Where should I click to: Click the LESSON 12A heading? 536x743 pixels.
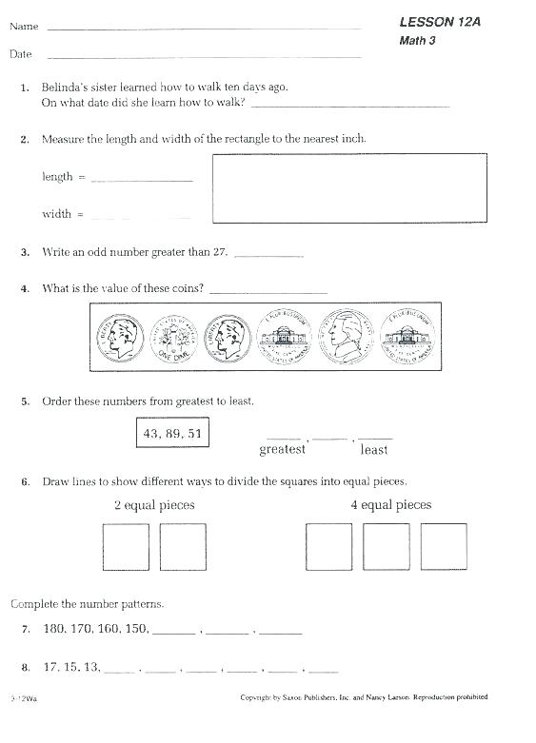[x=440, y=21]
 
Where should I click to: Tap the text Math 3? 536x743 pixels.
[x=417, y=40]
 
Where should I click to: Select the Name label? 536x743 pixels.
[x=24, y=27]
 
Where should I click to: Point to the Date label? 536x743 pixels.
[x=21, y=54]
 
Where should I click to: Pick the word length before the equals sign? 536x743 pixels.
[x=57, y=176]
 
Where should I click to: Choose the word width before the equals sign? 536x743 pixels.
[x=56, y=214]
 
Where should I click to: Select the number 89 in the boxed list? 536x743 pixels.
[x=172, y=433]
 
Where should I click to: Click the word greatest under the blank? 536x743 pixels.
[x=283, y=449]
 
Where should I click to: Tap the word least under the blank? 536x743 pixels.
[x=374, y=449]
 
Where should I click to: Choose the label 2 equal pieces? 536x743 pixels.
[x=154, y=505]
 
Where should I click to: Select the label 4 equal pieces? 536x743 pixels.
[x=390, y=505]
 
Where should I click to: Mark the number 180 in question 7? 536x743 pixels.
[x=54, y=629]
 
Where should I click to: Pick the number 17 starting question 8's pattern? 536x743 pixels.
[x=51, y=667]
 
